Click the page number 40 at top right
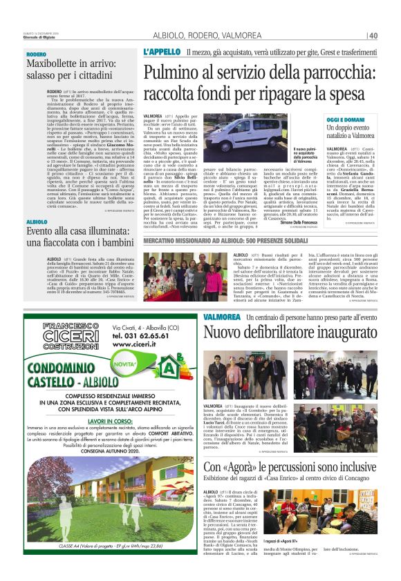click(373, 36)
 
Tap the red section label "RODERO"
click(37, 54)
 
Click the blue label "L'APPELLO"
click(162, 52)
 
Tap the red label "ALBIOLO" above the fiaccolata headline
click(37, 221)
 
